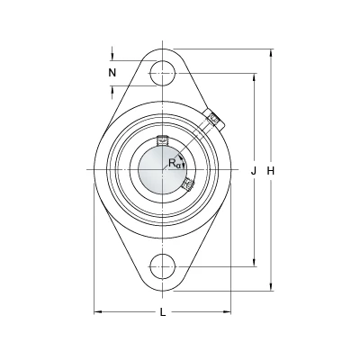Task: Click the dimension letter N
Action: [x=112, y=72]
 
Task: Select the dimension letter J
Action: [x=254, y=171]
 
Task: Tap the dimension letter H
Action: [x=271, y=171]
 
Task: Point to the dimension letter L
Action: [x=163, y=312]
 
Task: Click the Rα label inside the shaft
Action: [x=175, y=164]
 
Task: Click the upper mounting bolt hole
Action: [x=162, y=73]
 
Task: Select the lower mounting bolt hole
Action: [x=162, y=266]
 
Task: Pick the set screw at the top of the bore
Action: [x=162, y=140]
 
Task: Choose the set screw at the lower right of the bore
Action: [x=187, y=184]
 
